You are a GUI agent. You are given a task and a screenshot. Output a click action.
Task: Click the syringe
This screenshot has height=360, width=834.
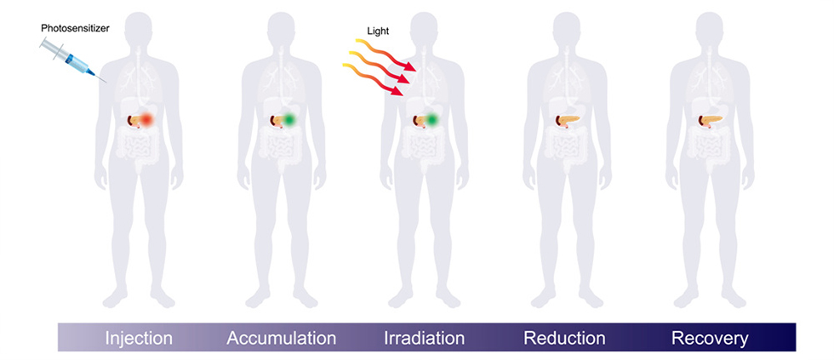pyautogui.click(x=74, y=57)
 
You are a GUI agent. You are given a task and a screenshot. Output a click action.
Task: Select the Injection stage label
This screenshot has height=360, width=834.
pyautogui.click(x=139, y=338)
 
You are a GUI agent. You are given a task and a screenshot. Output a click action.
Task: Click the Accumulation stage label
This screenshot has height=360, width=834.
pyautogui.click(x=282, y=338)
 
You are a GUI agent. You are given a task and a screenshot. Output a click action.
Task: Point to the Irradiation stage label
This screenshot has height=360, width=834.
pyautogui.click(x=423, y=338)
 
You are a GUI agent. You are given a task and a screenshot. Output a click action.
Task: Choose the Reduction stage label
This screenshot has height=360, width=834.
pyautogui.click(x=564, y=338)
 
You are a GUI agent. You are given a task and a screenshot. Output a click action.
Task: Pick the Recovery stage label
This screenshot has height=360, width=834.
pyautogui.click(x=710, y=338)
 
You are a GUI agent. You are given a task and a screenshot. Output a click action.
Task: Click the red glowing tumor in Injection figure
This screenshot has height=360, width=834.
pyautogui.click(x=146, y=121)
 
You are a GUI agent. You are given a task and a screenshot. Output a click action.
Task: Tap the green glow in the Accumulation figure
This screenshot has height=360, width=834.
pyautogui.click(x=290, y=121)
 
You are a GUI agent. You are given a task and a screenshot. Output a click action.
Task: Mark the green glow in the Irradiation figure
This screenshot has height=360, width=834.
pyautogui.click(x=432, y=121)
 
